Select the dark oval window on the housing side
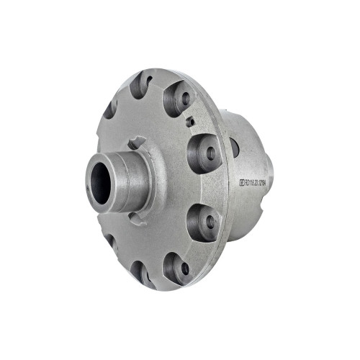(x=235, y=148)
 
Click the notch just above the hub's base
(x=138, y=142)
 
